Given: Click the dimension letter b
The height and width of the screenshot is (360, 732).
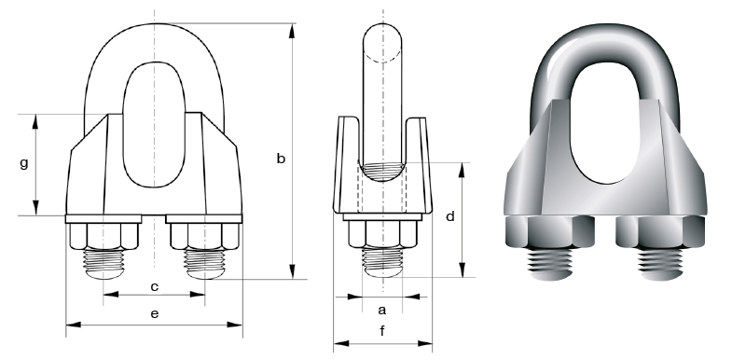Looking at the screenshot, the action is point(281,159).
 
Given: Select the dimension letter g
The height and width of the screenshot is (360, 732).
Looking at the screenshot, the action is point(24,164).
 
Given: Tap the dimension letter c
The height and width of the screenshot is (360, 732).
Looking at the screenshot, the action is point(155,286).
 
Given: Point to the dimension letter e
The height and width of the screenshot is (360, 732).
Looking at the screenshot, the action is point(155,313).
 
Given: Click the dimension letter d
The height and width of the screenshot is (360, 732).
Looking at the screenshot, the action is point(450,216).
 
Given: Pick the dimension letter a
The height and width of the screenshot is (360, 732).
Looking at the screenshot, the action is point(382,310).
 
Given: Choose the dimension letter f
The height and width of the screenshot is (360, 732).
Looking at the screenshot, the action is point(382,331).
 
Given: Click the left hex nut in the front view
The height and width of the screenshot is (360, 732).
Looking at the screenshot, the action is point(104,236).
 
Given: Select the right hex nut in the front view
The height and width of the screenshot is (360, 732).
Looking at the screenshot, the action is point(205,236).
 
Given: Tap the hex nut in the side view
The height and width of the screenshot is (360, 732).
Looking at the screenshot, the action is point(382,233).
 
